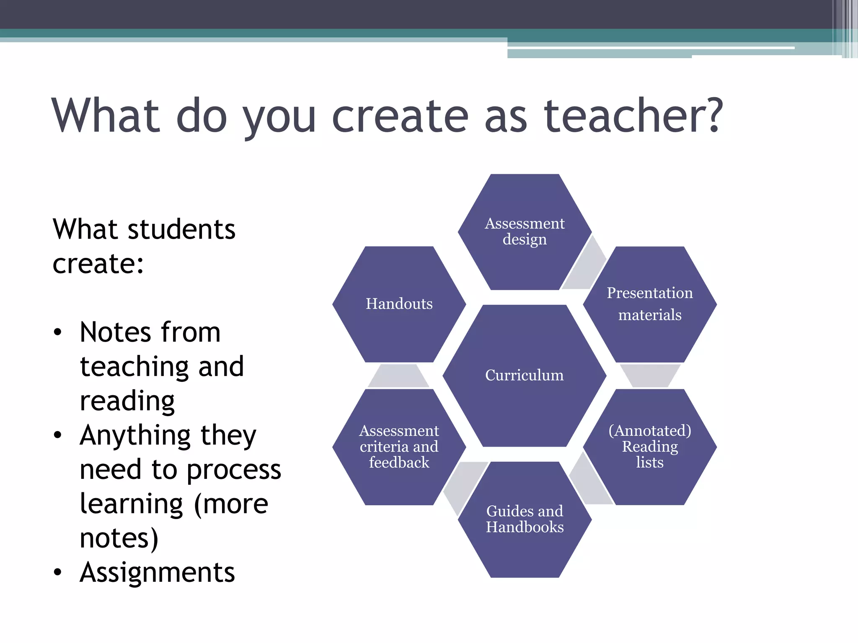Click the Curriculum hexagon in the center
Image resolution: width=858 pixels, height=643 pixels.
(x=524, y=376)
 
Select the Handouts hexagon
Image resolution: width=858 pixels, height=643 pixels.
(x=399, y=304)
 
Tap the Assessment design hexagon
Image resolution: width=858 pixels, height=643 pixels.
(x=525, y=231)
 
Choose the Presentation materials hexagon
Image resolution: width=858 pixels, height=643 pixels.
(x=650, y=304)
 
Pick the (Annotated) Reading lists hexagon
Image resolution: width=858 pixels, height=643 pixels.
(x=650, y=447)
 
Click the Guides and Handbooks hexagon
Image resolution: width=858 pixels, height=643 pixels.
(x=525, y=519)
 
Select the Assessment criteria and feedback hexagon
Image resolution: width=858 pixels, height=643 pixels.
(x=399, y=447)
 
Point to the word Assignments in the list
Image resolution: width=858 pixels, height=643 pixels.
(x=157, y=572)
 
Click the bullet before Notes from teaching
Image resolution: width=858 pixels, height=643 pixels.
(x=58, y=332)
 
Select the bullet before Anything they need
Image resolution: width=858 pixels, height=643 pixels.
(x=58, y=435)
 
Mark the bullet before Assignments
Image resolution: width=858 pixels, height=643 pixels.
(x=58, y=572)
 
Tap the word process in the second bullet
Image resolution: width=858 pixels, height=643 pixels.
(x=234, y=470)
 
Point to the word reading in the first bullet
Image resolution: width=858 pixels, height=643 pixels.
(x=127, y=401)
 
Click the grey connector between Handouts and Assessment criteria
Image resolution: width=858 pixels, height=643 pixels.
(x=398, y=376)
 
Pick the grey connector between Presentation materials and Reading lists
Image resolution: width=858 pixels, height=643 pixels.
(x=650, y=375)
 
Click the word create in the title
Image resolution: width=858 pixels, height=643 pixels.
(x=400, y=116)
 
